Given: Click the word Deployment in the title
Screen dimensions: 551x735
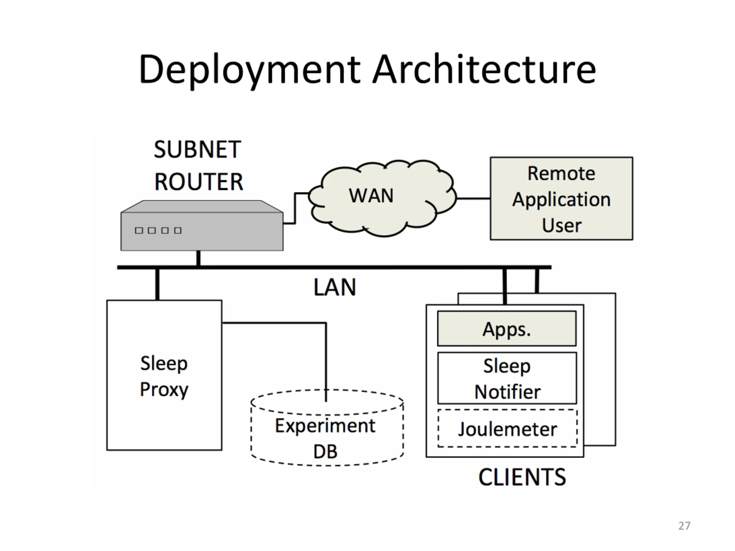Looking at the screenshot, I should (x=249, y=70).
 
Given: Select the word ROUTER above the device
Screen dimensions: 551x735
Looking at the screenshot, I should (x=199, y=182).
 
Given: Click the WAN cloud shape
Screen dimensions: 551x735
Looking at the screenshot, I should (x=371, y=196).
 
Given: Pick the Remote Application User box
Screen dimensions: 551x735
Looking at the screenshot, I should (x=561, y=199).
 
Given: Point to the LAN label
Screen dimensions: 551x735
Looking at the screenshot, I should (x=334, y=287).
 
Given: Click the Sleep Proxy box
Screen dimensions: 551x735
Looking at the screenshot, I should (x=164, y=375).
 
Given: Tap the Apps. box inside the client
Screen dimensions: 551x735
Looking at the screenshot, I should (x=507, y=329).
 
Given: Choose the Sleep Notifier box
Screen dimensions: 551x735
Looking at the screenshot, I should (x=507, y=379).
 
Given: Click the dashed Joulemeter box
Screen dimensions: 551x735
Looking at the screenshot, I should (x=507, y=429).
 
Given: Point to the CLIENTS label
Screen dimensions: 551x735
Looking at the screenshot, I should (x=522, y=477).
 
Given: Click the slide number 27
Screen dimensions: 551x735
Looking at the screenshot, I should (x=684, y=526).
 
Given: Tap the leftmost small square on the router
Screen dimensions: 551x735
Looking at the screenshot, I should (x=139, y=230).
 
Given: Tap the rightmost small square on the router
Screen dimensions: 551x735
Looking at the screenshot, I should (x=178, y=230).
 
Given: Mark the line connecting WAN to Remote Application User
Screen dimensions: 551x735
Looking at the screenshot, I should (x=473, y=199).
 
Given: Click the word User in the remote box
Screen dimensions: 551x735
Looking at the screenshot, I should (x=562, y=226).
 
